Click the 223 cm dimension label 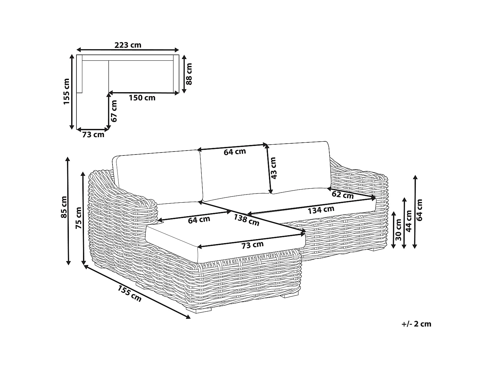click(128, 45)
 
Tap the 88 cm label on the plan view click(189, 74)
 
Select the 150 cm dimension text click(142, 98)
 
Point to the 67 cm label click(114, 111)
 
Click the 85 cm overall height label click(64, 207)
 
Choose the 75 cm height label click(78, 218)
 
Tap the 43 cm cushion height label click(274, 168)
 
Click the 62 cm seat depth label click(343, 195)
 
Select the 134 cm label click(321, 210)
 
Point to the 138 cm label click(247, 220)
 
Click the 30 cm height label click(398, 230)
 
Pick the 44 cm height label click(409, 221)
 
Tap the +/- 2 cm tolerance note click(416, 324)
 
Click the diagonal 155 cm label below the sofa click(130, 294)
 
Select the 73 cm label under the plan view click(93, 135)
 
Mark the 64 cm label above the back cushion click(235, 152)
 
